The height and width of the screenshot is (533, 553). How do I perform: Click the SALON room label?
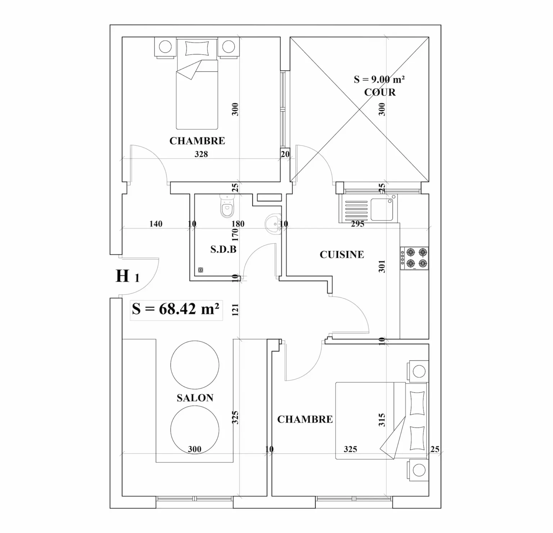(195, 398)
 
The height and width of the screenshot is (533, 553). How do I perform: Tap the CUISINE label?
(342, 255)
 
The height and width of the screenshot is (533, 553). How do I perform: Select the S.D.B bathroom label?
(223, 249)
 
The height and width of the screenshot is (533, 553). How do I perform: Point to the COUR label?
(380, 93)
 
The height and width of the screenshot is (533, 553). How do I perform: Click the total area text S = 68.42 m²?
(176, 309)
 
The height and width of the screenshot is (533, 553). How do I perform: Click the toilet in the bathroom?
(227, 207)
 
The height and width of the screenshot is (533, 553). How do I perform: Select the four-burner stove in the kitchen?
(414, 258)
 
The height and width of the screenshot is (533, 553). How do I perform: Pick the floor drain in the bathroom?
(201, 270)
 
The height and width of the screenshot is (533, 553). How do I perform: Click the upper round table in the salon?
(194, 364)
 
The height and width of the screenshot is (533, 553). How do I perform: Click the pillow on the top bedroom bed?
(197, 48)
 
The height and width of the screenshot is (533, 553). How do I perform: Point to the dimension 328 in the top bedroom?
(201, 154)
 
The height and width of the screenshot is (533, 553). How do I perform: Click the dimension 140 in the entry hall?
(156, 224)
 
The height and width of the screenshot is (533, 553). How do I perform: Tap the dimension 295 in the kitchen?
(358, 224)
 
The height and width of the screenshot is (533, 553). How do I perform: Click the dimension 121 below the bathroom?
(235, 310)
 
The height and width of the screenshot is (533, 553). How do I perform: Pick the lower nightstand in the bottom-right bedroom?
(418, 470)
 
